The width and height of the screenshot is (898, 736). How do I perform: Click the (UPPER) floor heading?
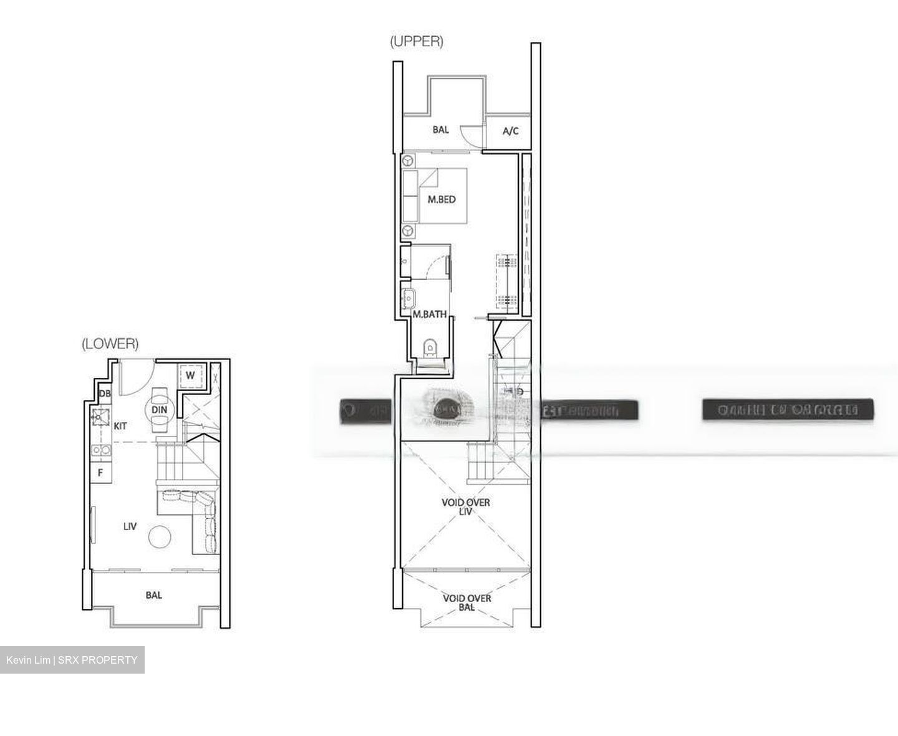416,42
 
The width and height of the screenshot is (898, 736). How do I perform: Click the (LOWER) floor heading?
110,344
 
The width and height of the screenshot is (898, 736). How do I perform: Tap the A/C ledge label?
510,131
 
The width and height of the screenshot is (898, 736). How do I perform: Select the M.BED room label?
442,200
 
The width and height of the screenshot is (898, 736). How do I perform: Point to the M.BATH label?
430,314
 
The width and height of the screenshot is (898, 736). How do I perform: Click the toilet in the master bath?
430,347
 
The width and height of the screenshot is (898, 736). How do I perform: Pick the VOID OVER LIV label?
465,506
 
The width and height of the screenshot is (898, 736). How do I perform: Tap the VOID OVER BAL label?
466,602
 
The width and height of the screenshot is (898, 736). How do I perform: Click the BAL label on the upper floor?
440,130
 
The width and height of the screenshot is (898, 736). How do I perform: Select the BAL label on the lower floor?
153,595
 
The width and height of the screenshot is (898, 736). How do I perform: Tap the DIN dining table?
160,410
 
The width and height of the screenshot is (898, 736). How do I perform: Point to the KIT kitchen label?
120,426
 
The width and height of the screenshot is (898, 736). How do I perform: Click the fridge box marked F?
100,473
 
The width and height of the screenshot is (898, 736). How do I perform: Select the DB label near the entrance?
105,394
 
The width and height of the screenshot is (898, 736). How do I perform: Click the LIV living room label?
130,526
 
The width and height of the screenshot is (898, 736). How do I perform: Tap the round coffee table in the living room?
160,536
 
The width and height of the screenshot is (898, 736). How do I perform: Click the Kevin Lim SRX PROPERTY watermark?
72,660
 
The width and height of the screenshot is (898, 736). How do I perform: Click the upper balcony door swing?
468,133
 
